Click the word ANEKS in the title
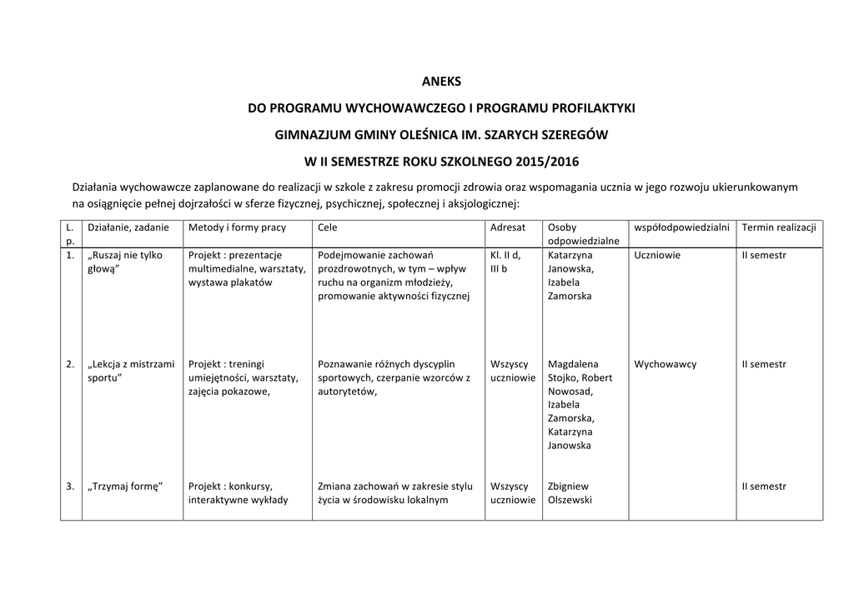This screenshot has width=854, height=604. pyautogui.click(x=442, y=82)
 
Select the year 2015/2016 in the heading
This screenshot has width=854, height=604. pyautogui.click(x=546, y=161)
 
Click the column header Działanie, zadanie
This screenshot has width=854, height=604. pyautogui.click(x=128, y=227)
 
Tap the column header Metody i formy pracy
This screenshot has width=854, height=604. pyautogui.click(x=238, y=227)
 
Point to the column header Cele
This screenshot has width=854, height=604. pyautogui.click(x=328, y=227)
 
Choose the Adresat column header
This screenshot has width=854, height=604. pyautogui.click(x=508, y=227)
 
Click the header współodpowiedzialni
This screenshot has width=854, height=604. pyautogui.click(x=681, y=227)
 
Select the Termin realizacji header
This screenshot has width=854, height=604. pyautogui.click(x=779, y=227)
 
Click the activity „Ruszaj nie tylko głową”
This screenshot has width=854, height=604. pyautogui.click(x=125, y=262)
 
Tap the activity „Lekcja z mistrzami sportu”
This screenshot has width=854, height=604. pyautogui.click(x=131, y=371)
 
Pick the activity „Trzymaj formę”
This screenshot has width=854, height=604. pyautogui.click(x=125, y=487)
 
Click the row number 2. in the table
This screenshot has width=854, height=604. pyautogui.click(x=69, y=364)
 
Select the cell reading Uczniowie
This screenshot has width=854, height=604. pyautogui.click(x=657, y=255)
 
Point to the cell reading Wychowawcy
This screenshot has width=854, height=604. pyautogui.click(x=665, y=364)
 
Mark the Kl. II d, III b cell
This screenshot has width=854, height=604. pyautogui.click(x=505, y=262)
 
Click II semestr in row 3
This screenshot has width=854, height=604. pyautogui.click(x=764, y=487)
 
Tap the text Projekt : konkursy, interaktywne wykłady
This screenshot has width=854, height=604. pyautogui.click(x=238, y=493)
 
